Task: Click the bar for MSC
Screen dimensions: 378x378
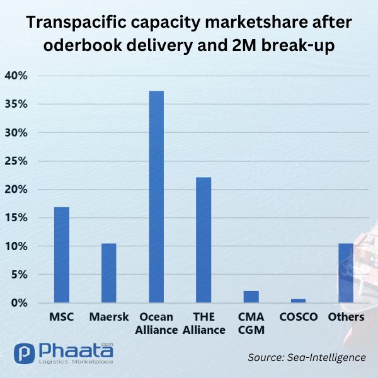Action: (x=62, y=255)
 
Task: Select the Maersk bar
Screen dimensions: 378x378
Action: (x=109, y=273)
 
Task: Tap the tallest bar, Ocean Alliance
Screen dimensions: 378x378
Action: (x=156, y=197)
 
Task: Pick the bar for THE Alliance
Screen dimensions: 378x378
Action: (x=203, y=240)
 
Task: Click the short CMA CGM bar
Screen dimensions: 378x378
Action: (x=251, y=297)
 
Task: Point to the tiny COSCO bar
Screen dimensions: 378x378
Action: (x=298, y=301)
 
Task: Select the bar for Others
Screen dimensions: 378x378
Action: (x=346, y=273)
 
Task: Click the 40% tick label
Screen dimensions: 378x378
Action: (x=16, y=76)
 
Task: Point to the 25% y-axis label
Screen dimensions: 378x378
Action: (x=16, y=161)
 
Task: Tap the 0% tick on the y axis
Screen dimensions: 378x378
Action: (x=20, y=303)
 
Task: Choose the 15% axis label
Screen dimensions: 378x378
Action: (x=16, y=218)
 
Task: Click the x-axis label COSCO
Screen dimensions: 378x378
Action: (x=299, y=317)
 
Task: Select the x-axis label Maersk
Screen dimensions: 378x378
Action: (x=109, y=317)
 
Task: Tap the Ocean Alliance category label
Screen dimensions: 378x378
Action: (x=156, y=323)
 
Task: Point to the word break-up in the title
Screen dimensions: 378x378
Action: (x=298, y=45)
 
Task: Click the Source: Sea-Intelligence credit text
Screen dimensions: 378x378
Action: (x=307, y=357)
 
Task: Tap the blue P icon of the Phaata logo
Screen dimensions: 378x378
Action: (x=25, y=353)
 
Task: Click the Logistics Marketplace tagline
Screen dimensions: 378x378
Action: (x=76, y=362)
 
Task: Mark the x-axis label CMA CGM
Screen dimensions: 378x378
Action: (x=251, y=323)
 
